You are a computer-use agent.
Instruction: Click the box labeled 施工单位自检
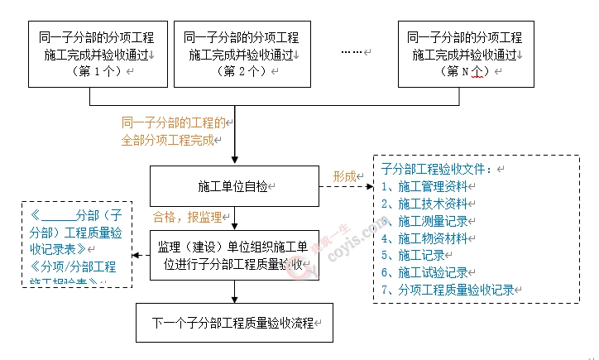[x=234, y=186]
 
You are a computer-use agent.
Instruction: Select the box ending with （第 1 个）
[x=97, y=54]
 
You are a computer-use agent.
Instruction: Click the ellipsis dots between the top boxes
[x=352, y=53]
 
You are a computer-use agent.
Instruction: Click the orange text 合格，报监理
[x=187, y=217]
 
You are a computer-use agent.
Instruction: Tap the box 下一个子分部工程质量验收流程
[x=234, y=323]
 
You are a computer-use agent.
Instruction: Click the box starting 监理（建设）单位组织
[x=234, y=255]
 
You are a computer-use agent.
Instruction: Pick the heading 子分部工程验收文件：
[x=437, y=169]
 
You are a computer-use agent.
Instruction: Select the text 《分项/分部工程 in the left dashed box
[x=74, y=266]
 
